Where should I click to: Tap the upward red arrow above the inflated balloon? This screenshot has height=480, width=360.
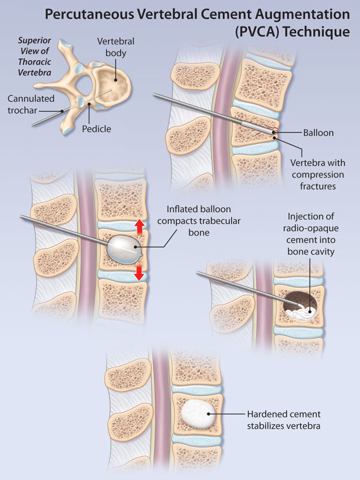(139, 226)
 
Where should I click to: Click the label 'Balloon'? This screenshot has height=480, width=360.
(318, 133)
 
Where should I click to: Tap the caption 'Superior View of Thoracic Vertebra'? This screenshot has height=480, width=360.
(35, 56)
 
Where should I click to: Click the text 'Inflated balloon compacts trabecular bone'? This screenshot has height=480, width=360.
(200, 219)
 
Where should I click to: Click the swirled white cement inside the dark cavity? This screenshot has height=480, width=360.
(302, 312)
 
